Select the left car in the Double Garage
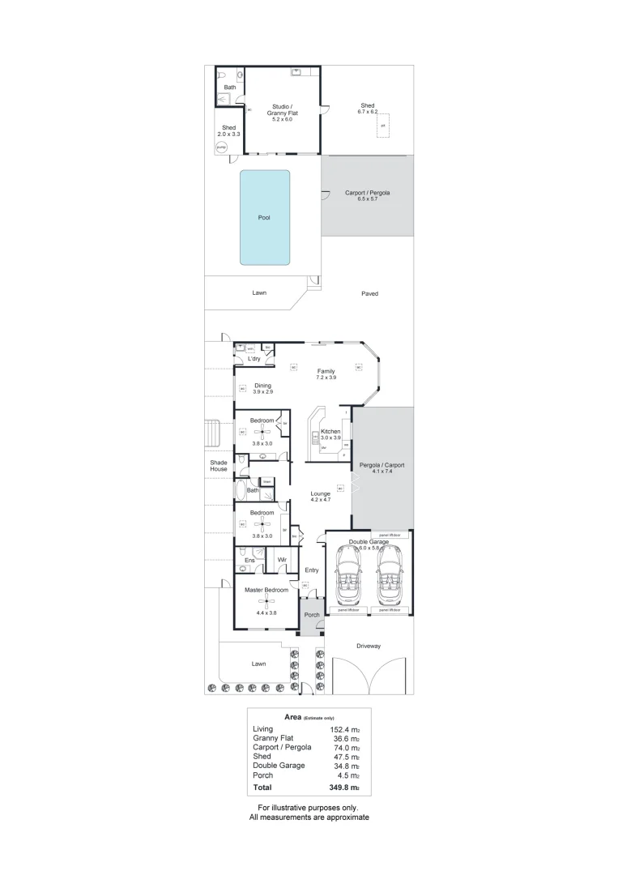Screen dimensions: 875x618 348,578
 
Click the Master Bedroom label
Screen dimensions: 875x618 266,591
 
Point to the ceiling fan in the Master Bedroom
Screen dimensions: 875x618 266,601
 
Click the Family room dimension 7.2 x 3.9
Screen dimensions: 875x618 326,378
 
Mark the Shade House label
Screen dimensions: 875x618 219,465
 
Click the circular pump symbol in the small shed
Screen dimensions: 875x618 220,147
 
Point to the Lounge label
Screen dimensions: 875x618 322,493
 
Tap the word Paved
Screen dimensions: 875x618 369,293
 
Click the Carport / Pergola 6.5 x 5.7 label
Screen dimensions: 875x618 368,195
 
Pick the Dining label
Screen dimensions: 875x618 262,386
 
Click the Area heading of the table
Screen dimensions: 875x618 293,717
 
